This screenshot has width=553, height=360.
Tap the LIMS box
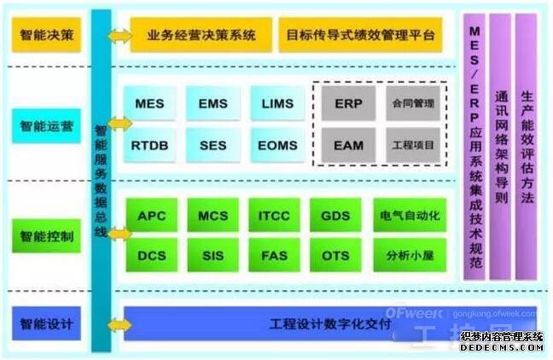pyautogui.click(x=276, y=104)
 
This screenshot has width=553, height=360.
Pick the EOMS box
pyautogui.click(x=276, y=146)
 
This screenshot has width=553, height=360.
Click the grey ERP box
pyautogui.click(x=348, y=103)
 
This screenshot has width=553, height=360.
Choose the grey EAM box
pyautogui.click(x=348, y=146)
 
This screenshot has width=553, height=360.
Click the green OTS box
pyautogui.click(x=335, y=254)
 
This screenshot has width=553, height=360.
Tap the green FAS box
pyautogui.click(x=274, y=254)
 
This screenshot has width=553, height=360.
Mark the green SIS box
pyautogui.click(x=212, y=254)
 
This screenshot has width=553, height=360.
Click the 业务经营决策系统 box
pyautogui.click(x=201, y=36)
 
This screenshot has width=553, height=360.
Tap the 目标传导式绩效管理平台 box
pyautogui.click(x=360, y=36)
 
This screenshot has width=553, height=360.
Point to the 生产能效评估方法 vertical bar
pyautogui.click(x=527, y=145)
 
